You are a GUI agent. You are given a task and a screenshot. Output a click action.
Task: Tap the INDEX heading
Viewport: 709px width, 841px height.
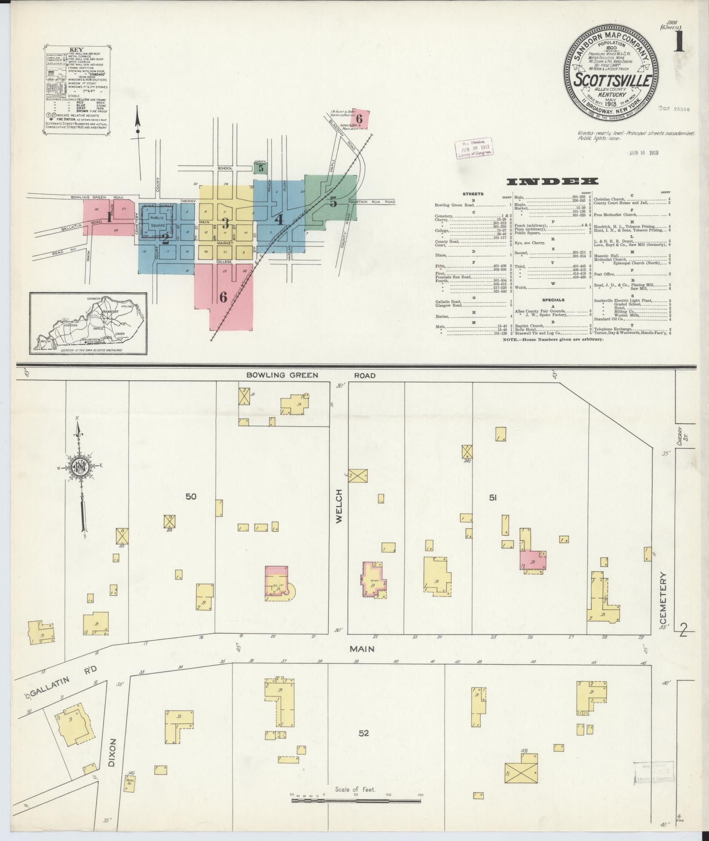pos(552,181)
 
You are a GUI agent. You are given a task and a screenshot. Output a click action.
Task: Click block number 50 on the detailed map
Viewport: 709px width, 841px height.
pos(191,497)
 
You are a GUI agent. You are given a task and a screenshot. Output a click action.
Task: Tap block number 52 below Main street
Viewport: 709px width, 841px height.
pos(364,733)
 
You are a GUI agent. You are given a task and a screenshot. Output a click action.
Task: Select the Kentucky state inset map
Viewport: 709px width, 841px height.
pos(88,324)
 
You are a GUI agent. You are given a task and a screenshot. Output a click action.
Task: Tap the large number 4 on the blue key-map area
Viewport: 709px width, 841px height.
pos(279,219)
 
